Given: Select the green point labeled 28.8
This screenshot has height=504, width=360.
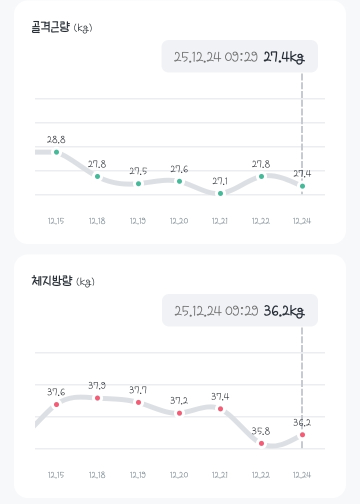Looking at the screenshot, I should point(56,152).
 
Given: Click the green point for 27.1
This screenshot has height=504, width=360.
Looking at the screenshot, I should point(220,193).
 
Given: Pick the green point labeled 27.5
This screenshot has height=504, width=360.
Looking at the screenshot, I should point(138,183).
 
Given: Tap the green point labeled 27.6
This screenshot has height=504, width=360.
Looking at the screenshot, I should point(179,181).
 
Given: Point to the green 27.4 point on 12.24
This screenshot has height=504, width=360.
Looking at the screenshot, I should point(302,186).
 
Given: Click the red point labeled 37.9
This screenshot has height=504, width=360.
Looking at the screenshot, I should point(97,398).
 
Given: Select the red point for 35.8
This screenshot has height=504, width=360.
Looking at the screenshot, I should point(261,443).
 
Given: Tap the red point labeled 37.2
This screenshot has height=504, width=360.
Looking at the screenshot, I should point(179,413).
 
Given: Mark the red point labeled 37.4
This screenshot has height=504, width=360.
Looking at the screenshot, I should point(220,408).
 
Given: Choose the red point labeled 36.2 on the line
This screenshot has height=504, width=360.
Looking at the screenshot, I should point(302,435).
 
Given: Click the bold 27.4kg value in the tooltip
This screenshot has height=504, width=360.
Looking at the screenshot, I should point(284,56).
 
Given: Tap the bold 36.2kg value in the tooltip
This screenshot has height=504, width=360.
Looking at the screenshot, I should point(284,310).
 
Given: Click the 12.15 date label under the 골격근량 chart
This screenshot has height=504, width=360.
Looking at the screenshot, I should point(56,220).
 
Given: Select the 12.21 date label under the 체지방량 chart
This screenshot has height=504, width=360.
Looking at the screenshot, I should point(220,474).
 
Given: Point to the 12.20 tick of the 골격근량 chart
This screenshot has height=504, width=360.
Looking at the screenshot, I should point(179,220).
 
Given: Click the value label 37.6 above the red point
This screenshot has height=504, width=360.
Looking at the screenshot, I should point(56,392).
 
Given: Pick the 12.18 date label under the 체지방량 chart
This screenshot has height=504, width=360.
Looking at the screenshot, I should point(97,474).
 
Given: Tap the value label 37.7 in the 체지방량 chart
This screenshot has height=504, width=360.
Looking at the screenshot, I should point(138,390).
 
